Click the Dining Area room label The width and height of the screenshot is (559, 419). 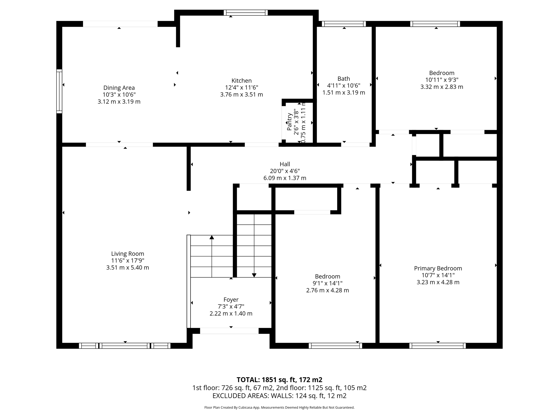tap(119, 88)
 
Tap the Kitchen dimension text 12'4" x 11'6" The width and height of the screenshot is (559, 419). tap(242, 88)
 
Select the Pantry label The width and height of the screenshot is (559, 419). tap(290, 122)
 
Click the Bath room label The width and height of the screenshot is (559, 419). tap(344, 79)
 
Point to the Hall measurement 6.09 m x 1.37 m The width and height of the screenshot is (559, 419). tap(285, 178)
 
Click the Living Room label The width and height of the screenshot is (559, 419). tap(127, 254)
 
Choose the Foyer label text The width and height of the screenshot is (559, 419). tap(231, 300)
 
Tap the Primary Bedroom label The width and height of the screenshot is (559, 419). tap(438, 268)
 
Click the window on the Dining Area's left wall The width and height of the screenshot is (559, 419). tap(59, 91)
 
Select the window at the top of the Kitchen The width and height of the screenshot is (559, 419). tap(246, 13)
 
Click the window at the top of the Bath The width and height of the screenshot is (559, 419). tap(344, 24)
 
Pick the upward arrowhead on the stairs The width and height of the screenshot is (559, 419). tap(212, 237)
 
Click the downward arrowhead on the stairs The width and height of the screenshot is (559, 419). tap(254, 275)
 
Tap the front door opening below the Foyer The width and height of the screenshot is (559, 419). tap(229, 331)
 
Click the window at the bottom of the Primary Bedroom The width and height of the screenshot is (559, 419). tap(438, 346)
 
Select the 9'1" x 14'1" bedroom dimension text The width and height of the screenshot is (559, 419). tap(328, 283)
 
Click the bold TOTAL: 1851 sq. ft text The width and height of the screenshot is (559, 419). tap(279, 380)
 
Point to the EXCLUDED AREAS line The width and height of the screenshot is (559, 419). tap(279, 396)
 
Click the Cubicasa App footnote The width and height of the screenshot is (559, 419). tap(279, 408)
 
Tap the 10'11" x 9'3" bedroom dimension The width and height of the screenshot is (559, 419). tap(442, 80)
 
